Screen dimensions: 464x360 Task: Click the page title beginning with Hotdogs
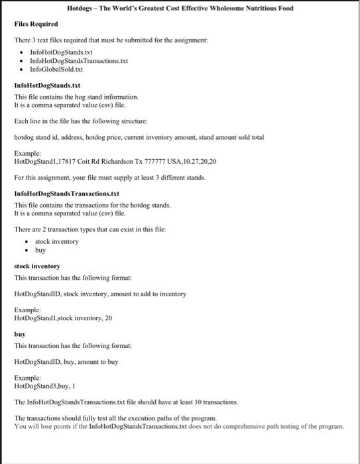pos(180,9)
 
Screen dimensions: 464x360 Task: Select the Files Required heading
pos(36,24)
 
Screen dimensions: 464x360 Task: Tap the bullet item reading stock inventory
pos(57,241)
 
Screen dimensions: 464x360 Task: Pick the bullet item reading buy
pos(40,251)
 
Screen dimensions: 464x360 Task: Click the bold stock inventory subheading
pos(37,266)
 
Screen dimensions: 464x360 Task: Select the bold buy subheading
pos(20,335)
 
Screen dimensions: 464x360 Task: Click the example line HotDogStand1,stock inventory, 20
pos(63,318)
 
